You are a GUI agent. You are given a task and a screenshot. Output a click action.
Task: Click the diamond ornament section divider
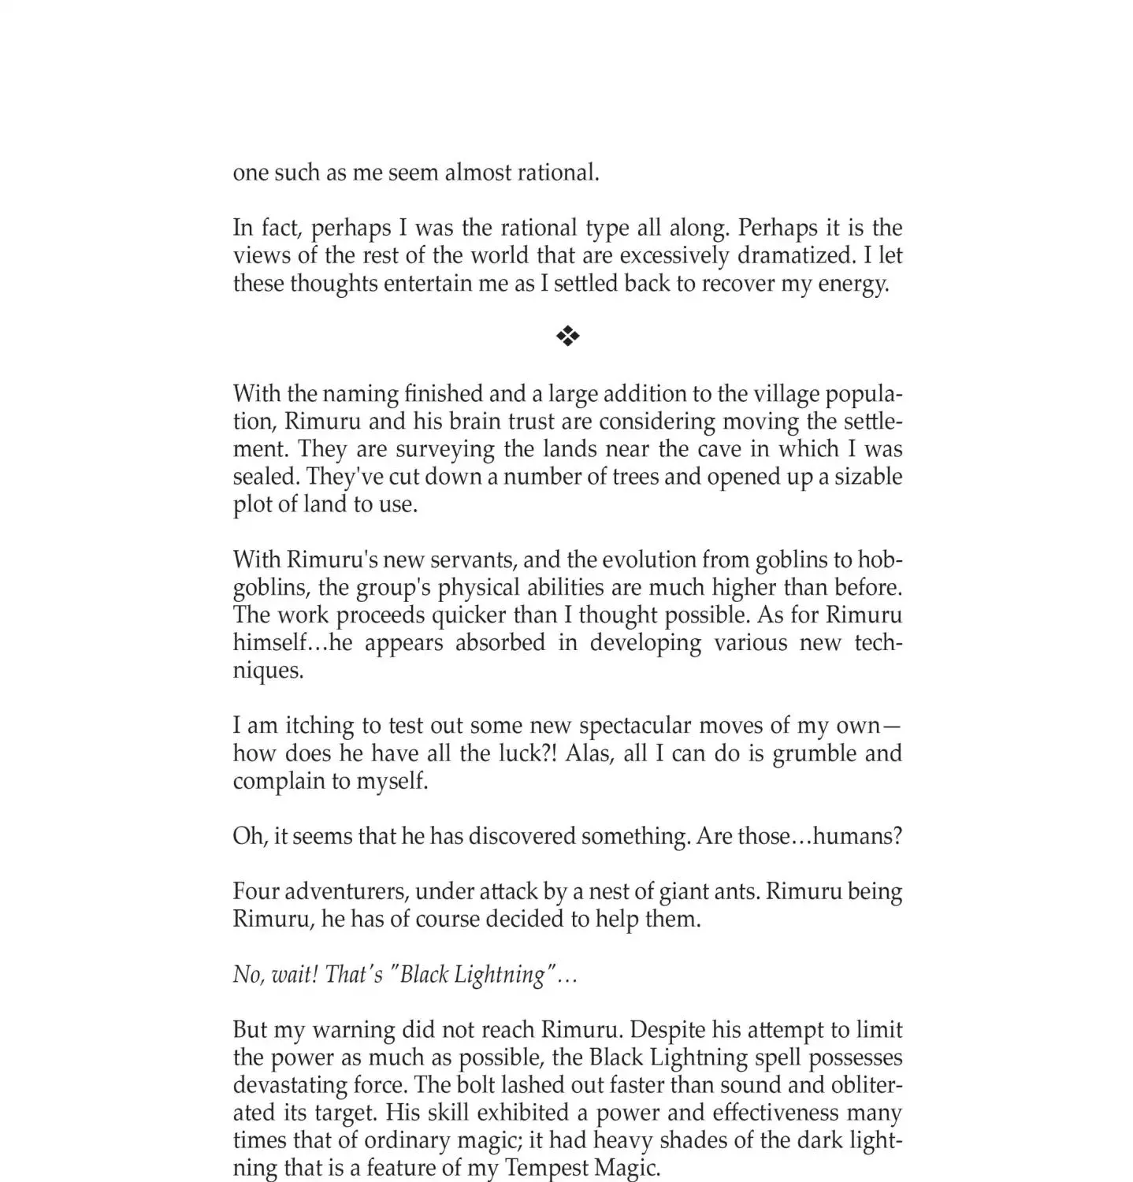567,337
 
